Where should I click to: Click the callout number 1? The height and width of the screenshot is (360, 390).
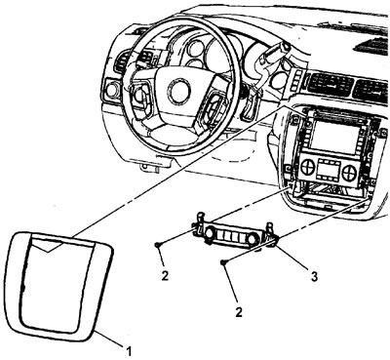click(x=129, y=351)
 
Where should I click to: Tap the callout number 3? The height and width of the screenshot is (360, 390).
click(x=314, y=277)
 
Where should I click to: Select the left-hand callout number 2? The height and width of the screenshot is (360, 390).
click(x=165, y=276)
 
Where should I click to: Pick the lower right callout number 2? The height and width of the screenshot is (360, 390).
click(x=239, y=312)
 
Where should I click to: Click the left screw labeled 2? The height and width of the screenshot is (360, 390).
click(x=158, y=244)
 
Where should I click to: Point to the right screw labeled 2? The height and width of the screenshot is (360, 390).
click(x=223, y=261)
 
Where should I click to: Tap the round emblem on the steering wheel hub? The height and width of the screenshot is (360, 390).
click(x=178, y=91)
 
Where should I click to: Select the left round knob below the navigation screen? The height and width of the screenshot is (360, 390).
click(x=307, y=168)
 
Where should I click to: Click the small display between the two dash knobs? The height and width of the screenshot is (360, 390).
click(x=329, y=170)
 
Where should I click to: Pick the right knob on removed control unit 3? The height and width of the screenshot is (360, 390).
click(x=251, y=239)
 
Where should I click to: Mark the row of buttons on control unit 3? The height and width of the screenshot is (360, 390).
click(x=230, y=236)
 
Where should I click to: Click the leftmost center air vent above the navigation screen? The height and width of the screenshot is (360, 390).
click(x=329, y=85)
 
